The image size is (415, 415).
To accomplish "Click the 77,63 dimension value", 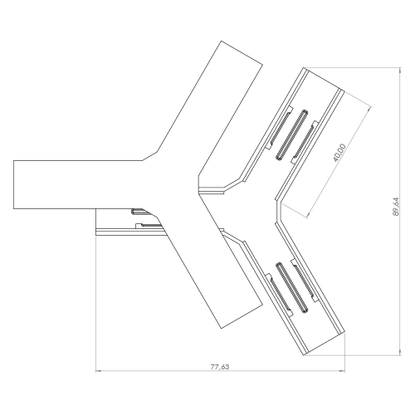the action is [x=220, y=367].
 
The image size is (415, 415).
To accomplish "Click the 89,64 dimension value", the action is [x=396, y=207].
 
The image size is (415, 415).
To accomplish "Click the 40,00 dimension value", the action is [x=339, y=153].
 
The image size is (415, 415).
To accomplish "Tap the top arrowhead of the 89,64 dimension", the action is [x=400, y=71].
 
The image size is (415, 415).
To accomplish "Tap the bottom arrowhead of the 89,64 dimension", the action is [x=400, y=352].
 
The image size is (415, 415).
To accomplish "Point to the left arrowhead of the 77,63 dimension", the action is [x=99, y=371].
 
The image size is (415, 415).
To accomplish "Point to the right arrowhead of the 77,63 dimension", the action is [x=342, y=371].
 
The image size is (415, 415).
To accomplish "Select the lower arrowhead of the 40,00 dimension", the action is [x=309, y=213].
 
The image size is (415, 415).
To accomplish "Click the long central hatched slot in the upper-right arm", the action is [x=291, y=134].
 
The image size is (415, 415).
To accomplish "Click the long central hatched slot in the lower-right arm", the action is [x=291, y=288].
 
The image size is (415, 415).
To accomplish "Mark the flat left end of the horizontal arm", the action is [x=13, y=184].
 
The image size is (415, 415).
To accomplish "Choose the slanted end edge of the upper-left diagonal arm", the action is [x=242, y=53].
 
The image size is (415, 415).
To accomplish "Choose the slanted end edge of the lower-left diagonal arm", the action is [x=242, y=316].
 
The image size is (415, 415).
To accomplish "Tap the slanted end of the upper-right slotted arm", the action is [x=324, y=79].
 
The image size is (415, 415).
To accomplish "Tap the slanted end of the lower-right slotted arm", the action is [x=324, y=344].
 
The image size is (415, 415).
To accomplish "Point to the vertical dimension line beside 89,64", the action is [x=400, y=212].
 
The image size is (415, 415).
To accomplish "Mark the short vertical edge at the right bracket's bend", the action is [x=277, y=210].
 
